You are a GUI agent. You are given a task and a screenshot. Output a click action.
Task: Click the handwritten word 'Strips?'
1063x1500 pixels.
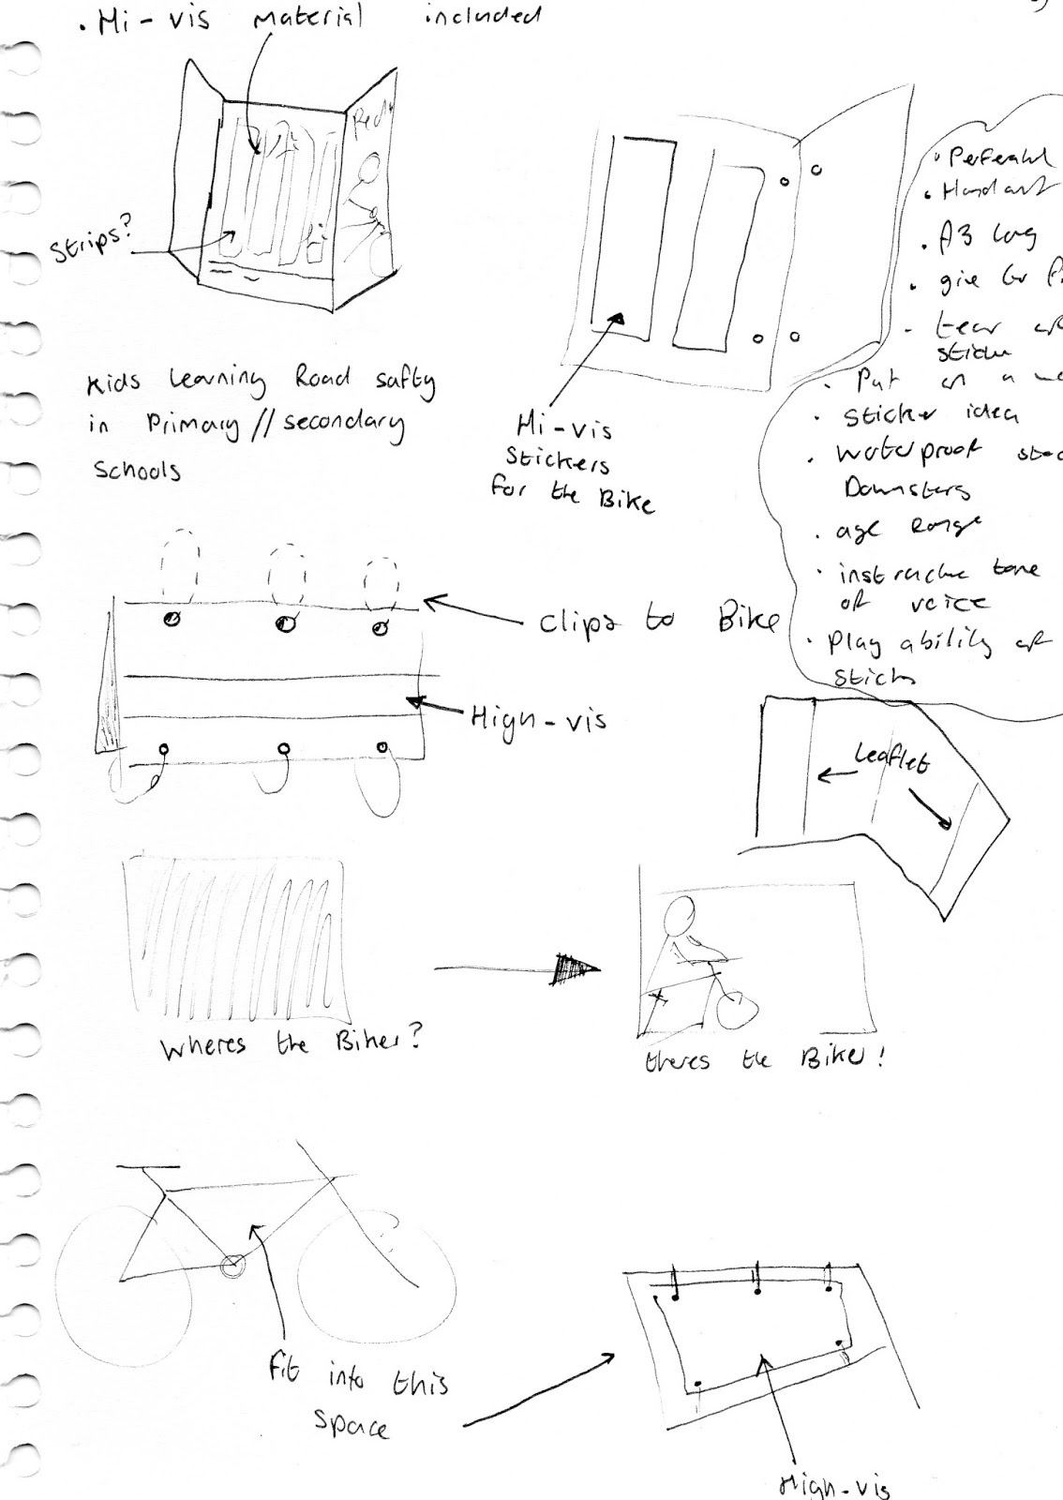[x=89, y=242]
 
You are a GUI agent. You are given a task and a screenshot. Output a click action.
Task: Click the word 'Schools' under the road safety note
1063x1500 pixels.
[x=137, y=470]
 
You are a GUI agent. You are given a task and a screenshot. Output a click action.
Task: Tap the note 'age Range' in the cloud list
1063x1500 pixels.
[x=896, y=531]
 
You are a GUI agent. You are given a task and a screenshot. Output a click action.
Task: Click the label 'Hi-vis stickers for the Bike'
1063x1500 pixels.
[x=570, y=465]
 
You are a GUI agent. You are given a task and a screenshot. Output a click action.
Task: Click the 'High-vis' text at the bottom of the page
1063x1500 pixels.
[x=834, y=1484]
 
